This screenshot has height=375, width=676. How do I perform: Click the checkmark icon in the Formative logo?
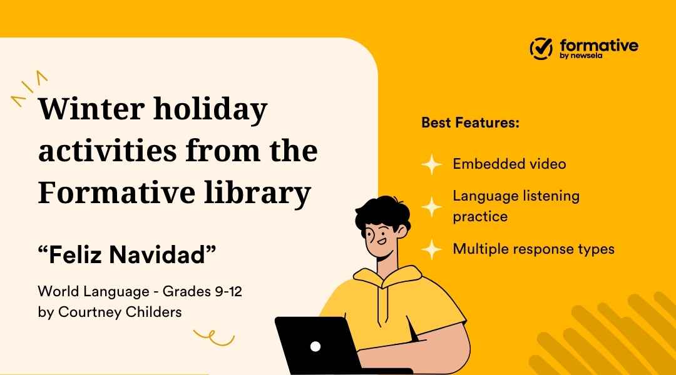pyautogui.click(x=541, y=47)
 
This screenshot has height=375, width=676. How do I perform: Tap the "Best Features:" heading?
pyautogui.click(x=471, y=122)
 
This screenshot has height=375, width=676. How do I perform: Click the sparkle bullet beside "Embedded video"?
pyautogui.click(x=431, y=165)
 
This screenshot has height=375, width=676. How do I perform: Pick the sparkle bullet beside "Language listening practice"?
pyautogui.click(x=431, y=207)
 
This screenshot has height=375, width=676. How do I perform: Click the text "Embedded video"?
pyautogui.click(x=509, y=164)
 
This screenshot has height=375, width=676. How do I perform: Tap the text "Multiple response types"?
pyautogui.click(x=533, y=249)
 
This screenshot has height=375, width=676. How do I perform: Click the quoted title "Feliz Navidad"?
pyautogui.click(x=126, y=255)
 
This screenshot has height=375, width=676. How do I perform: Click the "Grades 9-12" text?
pyautogui.click(x=202, y=291)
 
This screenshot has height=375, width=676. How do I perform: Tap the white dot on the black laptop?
pyautogui.click(x=315, y=346)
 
